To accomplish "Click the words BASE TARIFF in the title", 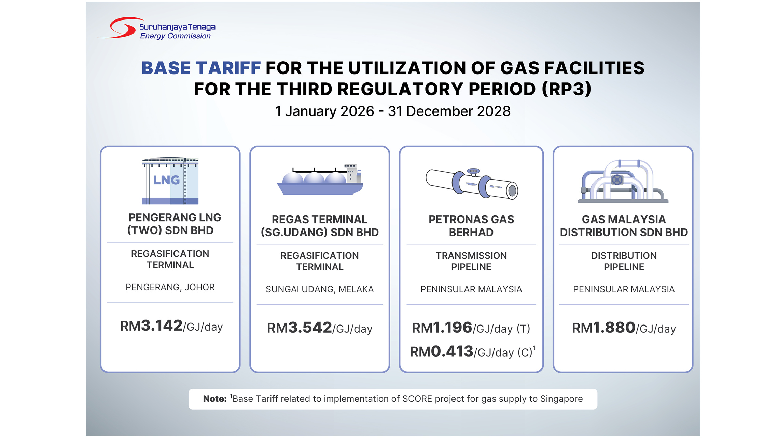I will (201, 68).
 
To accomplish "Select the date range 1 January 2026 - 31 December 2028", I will (392, 111).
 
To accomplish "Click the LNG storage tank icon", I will (170, 181).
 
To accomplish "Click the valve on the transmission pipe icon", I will (473, 172).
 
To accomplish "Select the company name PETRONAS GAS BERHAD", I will (471, 226).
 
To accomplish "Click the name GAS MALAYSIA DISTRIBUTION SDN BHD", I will (624, 226).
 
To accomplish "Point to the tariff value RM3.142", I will (151, 326).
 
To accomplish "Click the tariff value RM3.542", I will (299, 328).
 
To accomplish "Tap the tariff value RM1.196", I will (442, 328).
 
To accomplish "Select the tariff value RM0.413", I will (441, 352).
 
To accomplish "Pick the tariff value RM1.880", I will (603, 328).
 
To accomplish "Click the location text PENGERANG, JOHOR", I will (170, 287).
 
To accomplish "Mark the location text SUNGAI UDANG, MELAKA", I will (320, 289).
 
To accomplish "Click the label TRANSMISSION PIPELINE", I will (471, 261).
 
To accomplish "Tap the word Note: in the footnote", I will (214, 399).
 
